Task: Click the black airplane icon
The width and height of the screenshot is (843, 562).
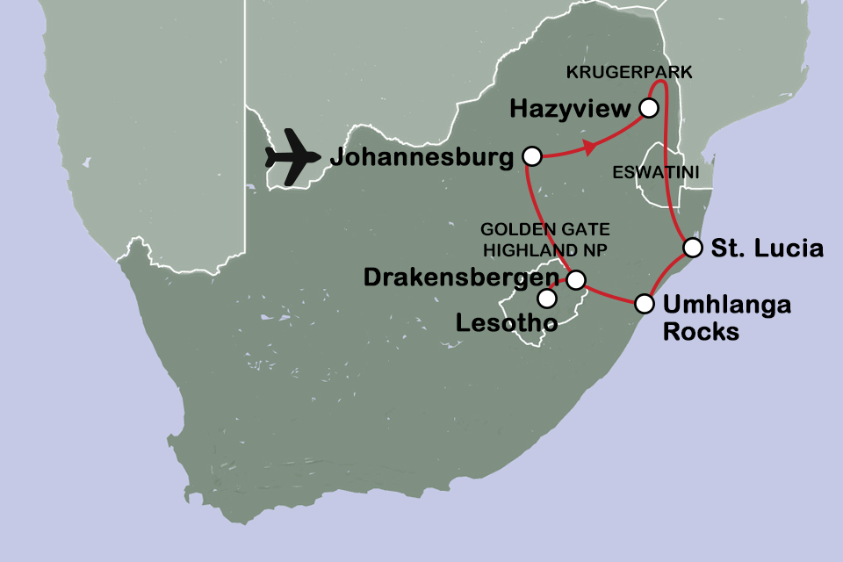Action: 294,157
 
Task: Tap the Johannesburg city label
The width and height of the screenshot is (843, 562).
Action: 421,159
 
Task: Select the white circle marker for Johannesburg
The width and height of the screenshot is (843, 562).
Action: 530,156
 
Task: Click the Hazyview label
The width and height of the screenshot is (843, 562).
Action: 571,110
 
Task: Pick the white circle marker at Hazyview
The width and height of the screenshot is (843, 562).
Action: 648,108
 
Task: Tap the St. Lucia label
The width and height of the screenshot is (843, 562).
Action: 767,249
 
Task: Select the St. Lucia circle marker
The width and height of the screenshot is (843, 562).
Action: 693,246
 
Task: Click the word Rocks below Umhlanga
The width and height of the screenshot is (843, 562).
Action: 701,332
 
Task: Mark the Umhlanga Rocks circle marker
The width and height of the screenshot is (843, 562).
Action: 645,304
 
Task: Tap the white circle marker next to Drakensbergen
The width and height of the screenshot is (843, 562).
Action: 575,280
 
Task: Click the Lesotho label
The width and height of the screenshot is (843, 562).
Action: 507,324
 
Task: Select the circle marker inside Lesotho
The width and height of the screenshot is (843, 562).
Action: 547,299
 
